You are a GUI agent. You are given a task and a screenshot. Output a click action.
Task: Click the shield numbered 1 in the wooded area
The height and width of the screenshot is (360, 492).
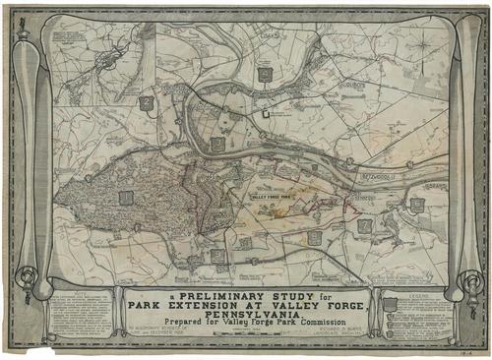125,198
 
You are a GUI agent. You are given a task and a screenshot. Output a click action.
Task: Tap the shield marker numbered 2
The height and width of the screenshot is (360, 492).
146,101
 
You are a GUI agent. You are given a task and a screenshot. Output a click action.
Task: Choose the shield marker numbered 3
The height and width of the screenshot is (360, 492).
216,144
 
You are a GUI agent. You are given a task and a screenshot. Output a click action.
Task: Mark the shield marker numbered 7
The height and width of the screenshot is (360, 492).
365,225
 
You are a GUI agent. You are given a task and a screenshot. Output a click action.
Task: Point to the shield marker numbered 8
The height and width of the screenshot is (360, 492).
417,205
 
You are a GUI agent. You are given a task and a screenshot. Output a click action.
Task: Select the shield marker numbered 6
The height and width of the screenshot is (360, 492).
314,237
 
